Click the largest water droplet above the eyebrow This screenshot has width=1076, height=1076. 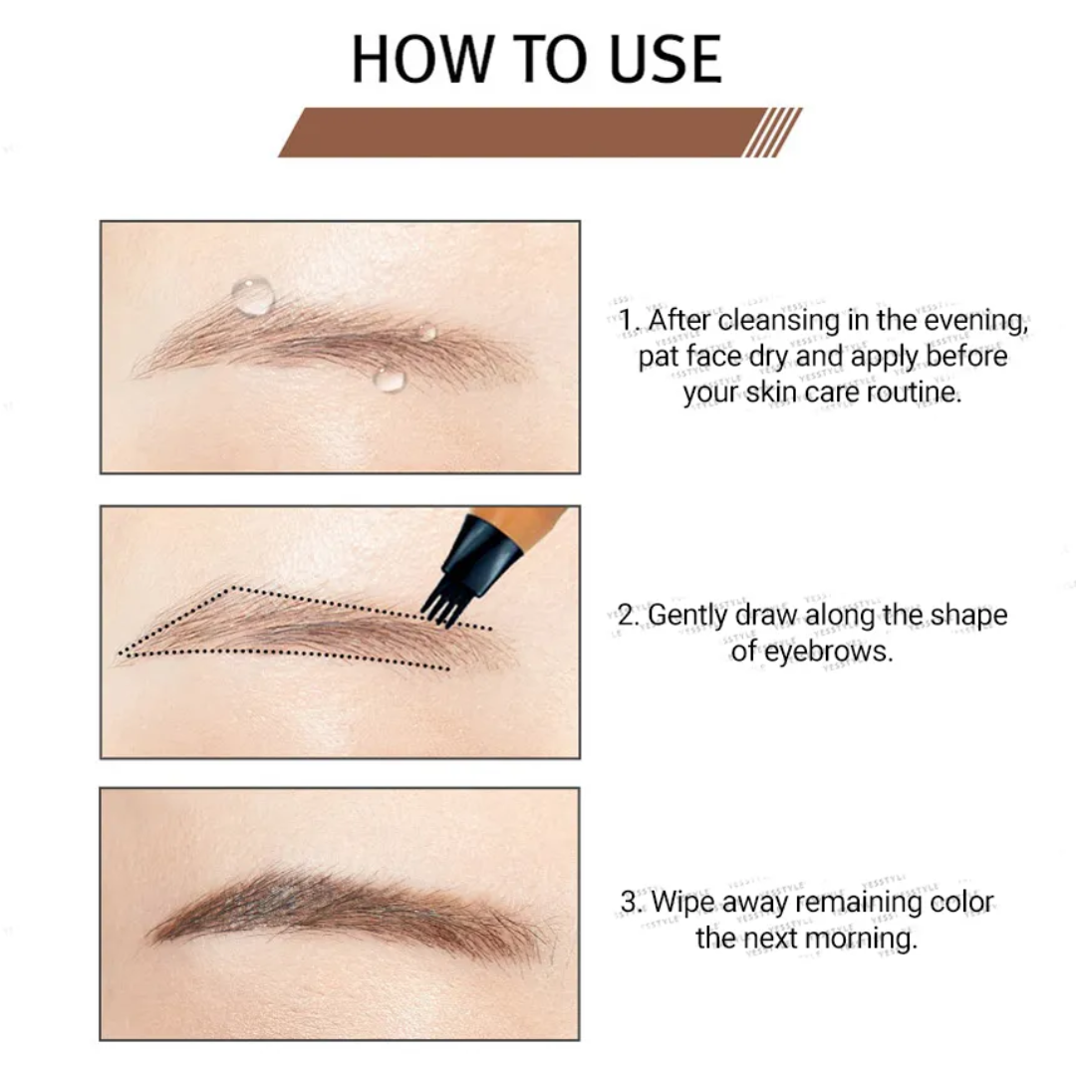[x=253, y=295]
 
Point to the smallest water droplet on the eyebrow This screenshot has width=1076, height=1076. [x=426, y=332]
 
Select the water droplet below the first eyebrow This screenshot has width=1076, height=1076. [x=390, y=379]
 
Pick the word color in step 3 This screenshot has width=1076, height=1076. [x=961, y=902]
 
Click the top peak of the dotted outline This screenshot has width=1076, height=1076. [x=232, y=588]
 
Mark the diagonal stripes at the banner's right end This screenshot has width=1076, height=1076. [x=773, y=133]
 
